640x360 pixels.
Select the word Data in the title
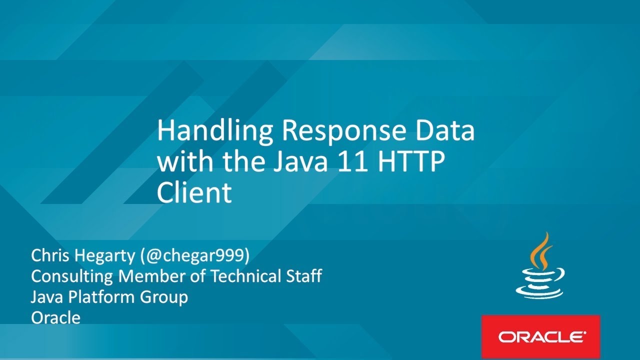click(x=449, y=131)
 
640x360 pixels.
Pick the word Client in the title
click(x=194, y=192)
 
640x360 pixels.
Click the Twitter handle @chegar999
click(x=195, y=256)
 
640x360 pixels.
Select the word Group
click(x=164, y=297)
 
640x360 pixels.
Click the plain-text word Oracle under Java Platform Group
click(x=55, y=317)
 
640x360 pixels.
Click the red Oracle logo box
click(x=540, y=336)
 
